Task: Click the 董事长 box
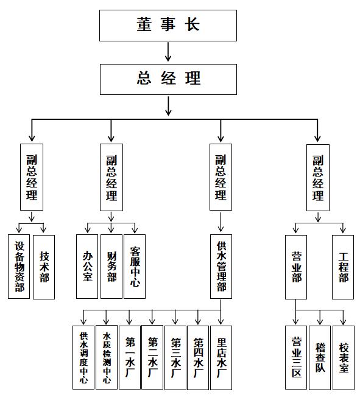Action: click(x=168, y=26)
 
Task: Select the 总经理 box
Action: click(x=168, y=79)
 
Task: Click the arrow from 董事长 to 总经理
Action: click(x=168, y=52)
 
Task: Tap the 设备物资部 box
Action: click(x=19, y=267)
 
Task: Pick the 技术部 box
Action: click(x=44, y=267)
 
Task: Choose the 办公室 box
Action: click(x=87, y=267)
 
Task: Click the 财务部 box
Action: click(x=111, y=267)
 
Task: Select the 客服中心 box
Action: click(x=135, y=267)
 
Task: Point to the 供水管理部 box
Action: click(x=221, y=267)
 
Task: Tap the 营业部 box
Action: click(x=296, y=267)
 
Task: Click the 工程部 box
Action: click(x=343, y=267)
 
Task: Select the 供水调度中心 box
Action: click(x=83, y=357)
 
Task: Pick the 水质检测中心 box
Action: click(x=107, y=357)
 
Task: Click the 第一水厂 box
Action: click(x=130, y=357)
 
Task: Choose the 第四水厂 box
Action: click(x=198, y=358)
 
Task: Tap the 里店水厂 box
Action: click(x=221, y=358)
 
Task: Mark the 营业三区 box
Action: click(x=296, y=358)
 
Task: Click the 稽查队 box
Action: click(x=320, y=358)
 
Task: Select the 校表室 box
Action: click(x=344, y=358)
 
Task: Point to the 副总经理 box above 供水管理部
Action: click(x=221, y=177)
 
